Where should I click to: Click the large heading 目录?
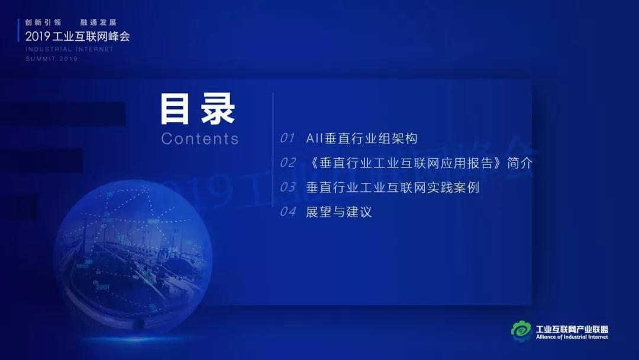tap(198, 108)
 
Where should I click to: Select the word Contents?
tap(200, 139)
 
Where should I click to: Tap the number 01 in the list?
tap(288, 138)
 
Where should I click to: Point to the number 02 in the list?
tap(288, 163)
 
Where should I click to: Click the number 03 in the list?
tap(288, 187)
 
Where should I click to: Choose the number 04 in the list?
tap(288, 211)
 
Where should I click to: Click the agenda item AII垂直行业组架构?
tap(362, 138)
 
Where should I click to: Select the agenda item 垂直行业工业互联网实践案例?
tap(392, 187)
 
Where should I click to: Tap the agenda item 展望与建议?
tap(338, 211)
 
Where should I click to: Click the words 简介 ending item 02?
tap(519, 163)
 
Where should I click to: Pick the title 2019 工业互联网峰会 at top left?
tap(78, 36)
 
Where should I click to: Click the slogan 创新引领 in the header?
tap(43, 22)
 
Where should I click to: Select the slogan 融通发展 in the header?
tap(98, 22)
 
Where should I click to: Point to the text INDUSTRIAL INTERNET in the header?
tap(69, 49)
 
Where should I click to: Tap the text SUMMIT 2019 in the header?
tap(51, 59)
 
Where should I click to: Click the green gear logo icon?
tap(521, 330)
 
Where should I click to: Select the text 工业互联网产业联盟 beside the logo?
tap(572, 329)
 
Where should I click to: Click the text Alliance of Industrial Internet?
tap(572, 337)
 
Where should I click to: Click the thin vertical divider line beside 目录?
tap(273, 150)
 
